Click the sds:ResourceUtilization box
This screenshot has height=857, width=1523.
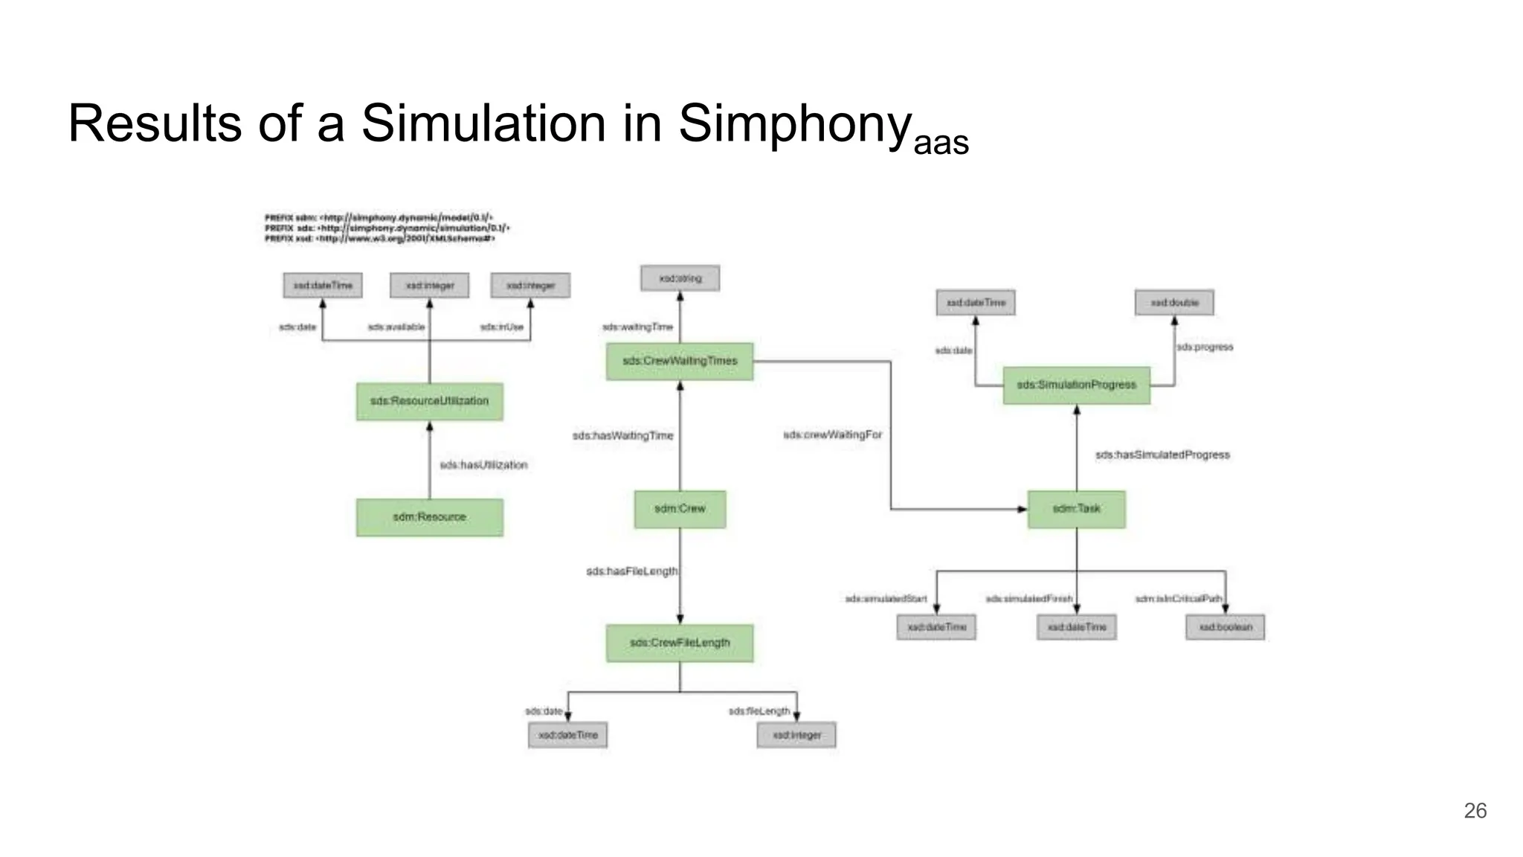coord(429,401)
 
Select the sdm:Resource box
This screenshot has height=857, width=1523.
coord(429,517)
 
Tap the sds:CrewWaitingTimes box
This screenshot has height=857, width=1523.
coord(679,362)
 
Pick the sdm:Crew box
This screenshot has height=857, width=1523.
coord(680,509)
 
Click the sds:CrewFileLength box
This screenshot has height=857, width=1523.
coord(680,643)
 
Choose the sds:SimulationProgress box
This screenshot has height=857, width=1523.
coord(1076,385)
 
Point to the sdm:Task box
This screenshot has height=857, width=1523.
coord(1076,509)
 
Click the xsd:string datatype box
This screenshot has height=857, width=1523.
coord(680,278)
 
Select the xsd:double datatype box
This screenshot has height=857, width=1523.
coord(1174,303)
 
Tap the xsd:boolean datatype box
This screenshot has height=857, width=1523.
coord(1225,627)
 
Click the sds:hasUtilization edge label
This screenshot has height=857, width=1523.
coord(483,465)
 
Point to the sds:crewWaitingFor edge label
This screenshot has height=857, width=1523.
coord(832,434)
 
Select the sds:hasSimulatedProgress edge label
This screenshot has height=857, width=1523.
coord(1162,455)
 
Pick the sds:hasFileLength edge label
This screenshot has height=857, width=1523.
coord(631,571)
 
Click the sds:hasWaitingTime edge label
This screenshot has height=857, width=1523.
coord(622,436)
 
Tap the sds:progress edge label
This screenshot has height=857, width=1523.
coord(1205,347)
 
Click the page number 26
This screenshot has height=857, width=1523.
coord(1475,811)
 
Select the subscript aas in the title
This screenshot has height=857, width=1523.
coord(941,142)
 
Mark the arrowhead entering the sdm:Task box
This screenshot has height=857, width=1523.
coord(1022,510)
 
